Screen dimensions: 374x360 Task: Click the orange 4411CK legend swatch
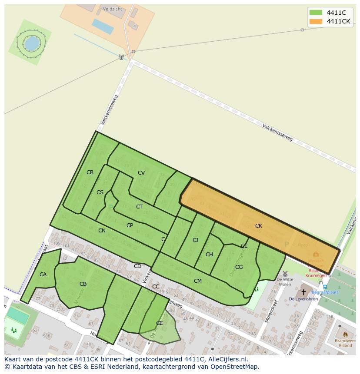[316, 21]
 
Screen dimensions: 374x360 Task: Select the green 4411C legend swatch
[316, 13]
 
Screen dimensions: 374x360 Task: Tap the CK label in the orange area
[259, 225]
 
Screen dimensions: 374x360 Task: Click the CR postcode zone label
[90, 172]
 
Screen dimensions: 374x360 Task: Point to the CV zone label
[141, 173]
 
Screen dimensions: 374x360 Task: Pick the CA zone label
[43, 275]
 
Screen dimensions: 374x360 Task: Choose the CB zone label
[83, 284]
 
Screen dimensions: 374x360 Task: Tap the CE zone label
[159, 323]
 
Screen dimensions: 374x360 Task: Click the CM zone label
[198, 281]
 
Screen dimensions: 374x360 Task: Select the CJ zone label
[196, 240]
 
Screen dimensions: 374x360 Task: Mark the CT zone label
[139, 207]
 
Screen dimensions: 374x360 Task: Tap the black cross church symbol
[303, 292]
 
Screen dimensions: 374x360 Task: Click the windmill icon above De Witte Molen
[285, 274]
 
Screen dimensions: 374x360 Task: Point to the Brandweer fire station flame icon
[345, 334]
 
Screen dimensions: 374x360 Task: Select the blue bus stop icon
[325, 287]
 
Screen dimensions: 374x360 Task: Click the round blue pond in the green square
[31, 43]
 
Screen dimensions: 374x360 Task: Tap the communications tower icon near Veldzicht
[121, 57]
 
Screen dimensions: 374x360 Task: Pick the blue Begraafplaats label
[325, 293]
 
